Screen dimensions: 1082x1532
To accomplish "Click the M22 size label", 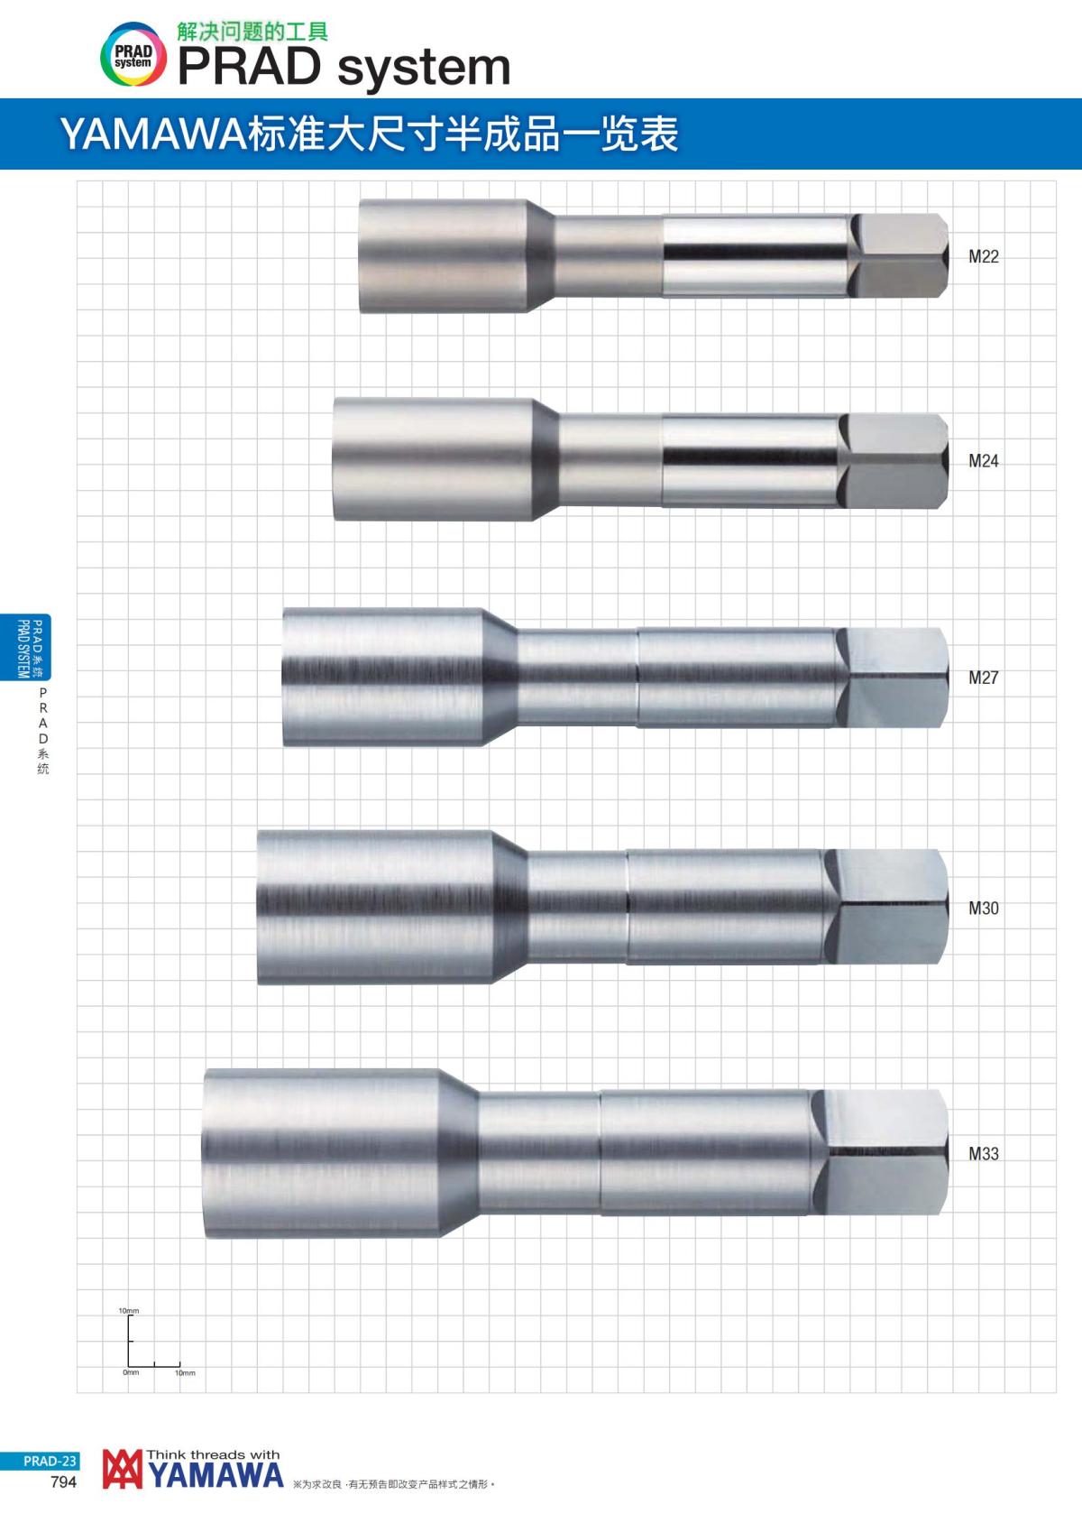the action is (x=983, y=256).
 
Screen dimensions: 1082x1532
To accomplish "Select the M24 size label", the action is (x=983, y=461).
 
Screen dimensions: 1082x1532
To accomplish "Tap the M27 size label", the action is (x=983, y=677).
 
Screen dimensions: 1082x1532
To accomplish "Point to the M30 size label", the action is (x=983, y=908).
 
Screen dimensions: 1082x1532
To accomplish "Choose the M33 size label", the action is (x=983, y=1153).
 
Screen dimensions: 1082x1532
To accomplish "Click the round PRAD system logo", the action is (x=133, y=55).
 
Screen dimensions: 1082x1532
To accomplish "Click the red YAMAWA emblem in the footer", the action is (x=123, y=1469).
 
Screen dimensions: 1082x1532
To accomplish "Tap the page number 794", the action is (x=63, y=1482).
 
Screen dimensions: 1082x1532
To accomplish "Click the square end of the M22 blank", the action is (x=901, y=255).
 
